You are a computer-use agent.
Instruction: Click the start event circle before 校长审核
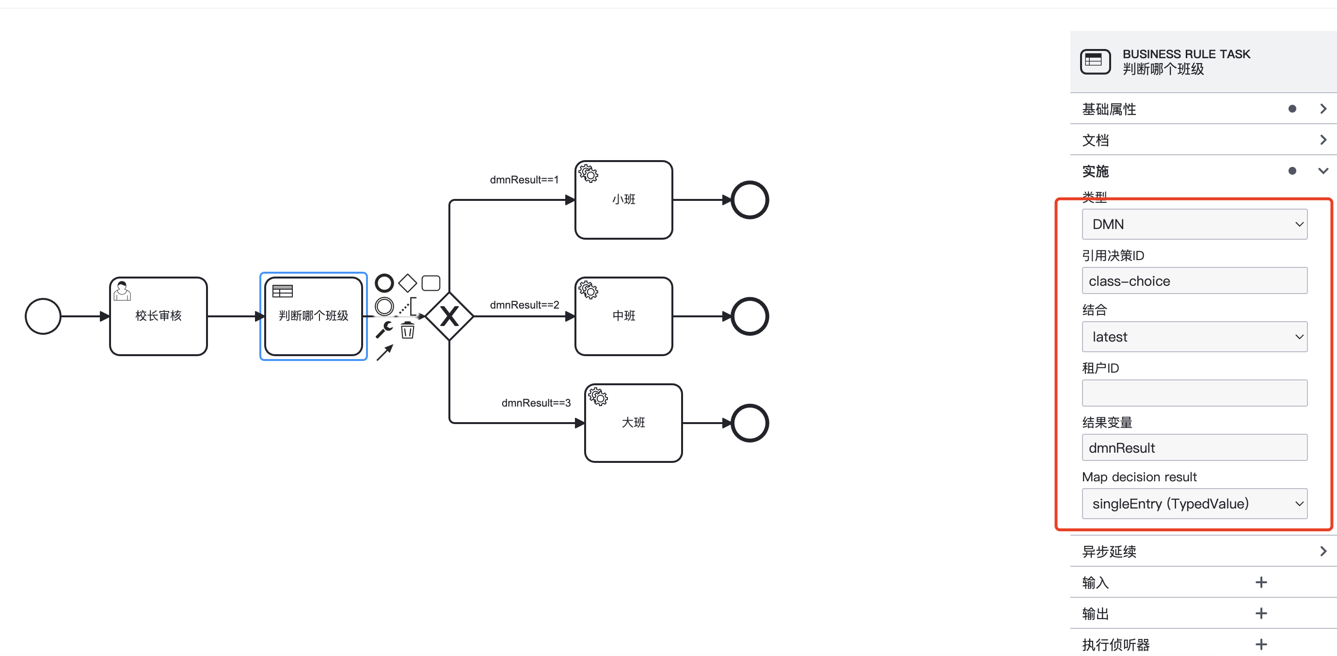[x=43, y=316]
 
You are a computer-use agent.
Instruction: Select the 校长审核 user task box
[x=159, y=316]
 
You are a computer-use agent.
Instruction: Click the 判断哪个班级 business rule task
[x=313, y=316]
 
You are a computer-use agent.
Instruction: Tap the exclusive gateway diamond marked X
[x=449, y=316]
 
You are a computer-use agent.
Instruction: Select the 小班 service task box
[x=623, y=200]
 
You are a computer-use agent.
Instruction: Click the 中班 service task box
[x=623, y=316]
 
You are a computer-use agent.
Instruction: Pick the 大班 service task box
[x=633, y=423]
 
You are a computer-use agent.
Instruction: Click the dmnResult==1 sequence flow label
[x=524, y=180]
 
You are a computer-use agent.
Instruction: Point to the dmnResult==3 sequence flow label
[x=536, y=403]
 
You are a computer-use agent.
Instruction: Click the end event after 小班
[x=749, y=200]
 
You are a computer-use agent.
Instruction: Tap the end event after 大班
[x=749, y=423]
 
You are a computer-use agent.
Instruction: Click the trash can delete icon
[x=407, y=330]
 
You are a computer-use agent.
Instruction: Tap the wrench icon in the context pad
[x=384, y=329]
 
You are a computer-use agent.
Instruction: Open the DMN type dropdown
[x=1194, y=224]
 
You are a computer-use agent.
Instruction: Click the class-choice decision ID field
[x=1194, y=281]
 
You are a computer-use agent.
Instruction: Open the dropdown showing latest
[x=1194, y=337]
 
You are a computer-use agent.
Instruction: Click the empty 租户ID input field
[x=1194, y=393]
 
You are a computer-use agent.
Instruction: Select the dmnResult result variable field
[x=1194, y=448]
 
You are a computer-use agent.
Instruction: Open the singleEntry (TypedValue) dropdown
[x=1194, y=503]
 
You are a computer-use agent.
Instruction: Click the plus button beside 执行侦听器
[x=1261, y=644]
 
